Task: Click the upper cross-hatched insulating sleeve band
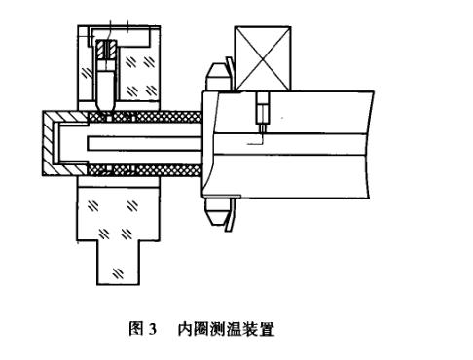[x=156, y=117]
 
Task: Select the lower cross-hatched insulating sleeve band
[x=156, y=169]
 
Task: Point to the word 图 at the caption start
[x=136, y=329]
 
